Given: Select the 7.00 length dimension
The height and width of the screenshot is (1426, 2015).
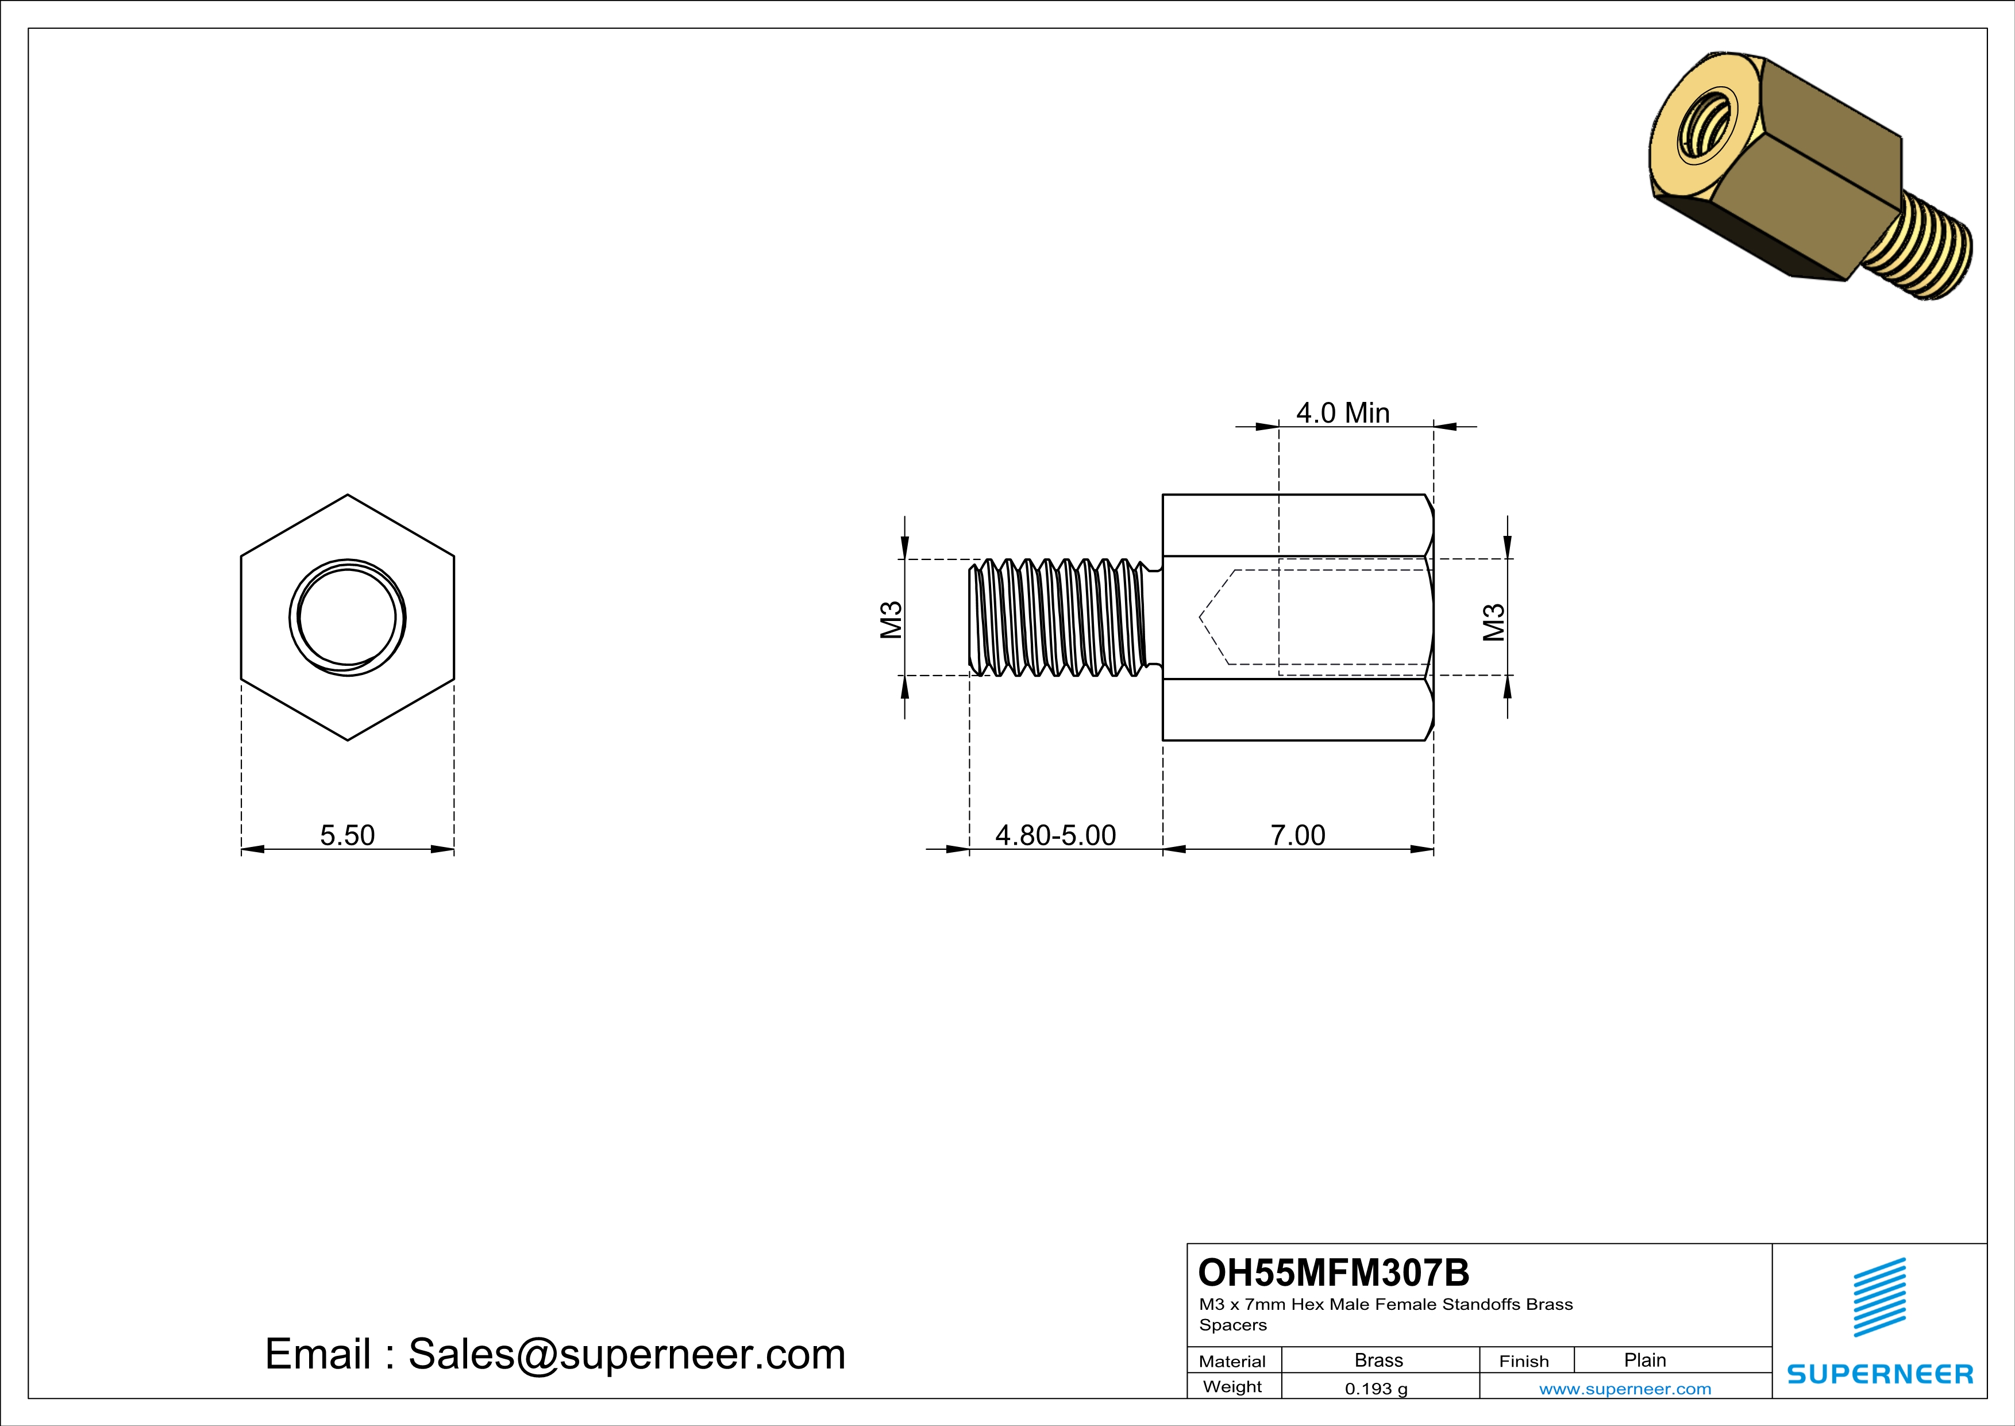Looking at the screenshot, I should (1297, 834).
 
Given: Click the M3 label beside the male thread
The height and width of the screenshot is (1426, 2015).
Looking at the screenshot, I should (891, 620).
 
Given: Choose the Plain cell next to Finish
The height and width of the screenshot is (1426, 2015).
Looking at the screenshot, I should (1644, 1360).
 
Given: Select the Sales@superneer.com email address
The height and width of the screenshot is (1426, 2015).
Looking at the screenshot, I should (627, 1354).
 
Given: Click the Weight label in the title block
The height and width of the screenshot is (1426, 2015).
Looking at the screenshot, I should (1232, 1386).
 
